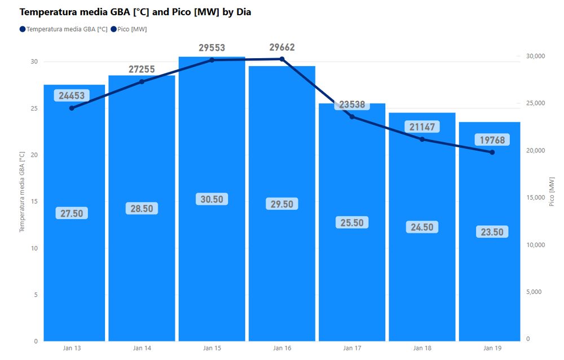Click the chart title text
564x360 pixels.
135,11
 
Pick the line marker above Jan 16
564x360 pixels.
281,59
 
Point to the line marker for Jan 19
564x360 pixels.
492,152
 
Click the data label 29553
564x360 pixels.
211,48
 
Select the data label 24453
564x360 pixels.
72,96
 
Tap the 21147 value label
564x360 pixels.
422,127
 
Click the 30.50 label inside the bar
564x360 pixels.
211,199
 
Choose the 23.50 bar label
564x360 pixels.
492,232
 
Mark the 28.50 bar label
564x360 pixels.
142,209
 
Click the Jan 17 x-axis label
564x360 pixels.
352,348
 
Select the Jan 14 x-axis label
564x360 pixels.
142,348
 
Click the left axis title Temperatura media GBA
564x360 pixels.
23,192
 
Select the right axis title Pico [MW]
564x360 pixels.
552,191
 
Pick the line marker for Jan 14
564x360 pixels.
142,82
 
